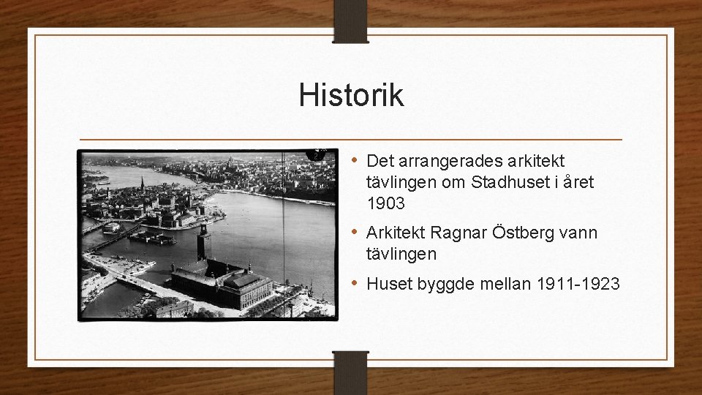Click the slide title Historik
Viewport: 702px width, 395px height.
coord(351,96)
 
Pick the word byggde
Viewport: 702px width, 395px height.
coord(441,284)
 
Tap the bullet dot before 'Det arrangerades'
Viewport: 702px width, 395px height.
coord(354,159)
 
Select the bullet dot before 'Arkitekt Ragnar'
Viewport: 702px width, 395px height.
coord(354,232)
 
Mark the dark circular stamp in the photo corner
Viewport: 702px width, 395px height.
coord(316,154)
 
